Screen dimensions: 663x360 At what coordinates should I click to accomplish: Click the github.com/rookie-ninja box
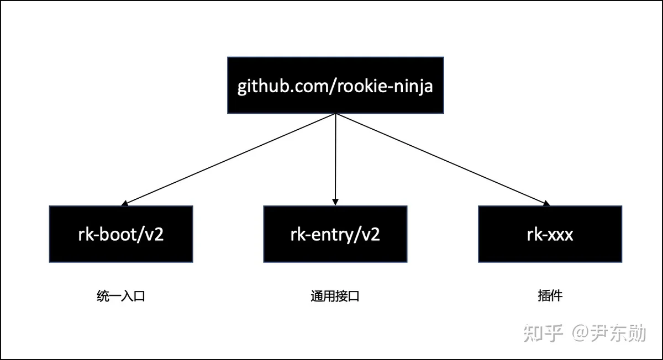click(335, 85)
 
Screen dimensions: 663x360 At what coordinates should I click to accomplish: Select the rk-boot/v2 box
click(121, 234)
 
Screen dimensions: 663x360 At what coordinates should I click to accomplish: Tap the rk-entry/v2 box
click(335, 234)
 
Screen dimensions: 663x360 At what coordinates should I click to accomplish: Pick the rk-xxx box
click(550, 234)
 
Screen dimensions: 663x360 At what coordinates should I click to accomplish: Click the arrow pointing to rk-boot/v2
click(229, 160)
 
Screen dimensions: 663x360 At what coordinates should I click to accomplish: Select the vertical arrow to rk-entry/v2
click(335, 160)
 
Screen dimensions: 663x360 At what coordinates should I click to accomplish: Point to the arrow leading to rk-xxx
click(443, 160)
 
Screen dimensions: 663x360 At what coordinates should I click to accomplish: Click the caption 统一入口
click(121, 296)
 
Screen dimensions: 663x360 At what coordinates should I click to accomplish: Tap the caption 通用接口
click(335, 296)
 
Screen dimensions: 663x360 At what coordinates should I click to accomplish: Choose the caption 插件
click(550, 296)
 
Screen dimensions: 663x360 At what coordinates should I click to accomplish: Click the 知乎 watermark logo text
click(543, 333)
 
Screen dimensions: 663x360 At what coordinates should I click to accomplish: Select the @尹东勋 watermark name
click(609, 333)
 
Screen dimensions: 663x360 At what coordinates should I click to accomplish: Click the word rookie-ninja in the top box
click(385, 86)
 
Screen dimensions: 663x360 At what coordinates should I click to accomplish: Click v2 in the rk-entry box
click(370, 235)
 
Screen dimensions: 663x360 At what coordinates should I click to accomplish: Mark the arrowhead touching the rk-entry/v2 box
click(335, 202)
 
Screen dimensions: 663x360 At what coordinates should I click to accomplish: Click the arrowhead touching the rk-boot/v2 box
click(125, 203)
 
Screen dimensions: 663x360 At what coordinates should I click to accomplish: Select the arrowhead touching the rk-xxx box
click(546, 203)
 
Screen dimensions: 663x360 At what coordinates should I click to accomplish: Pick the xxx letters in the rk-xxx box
click(560, 235)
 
